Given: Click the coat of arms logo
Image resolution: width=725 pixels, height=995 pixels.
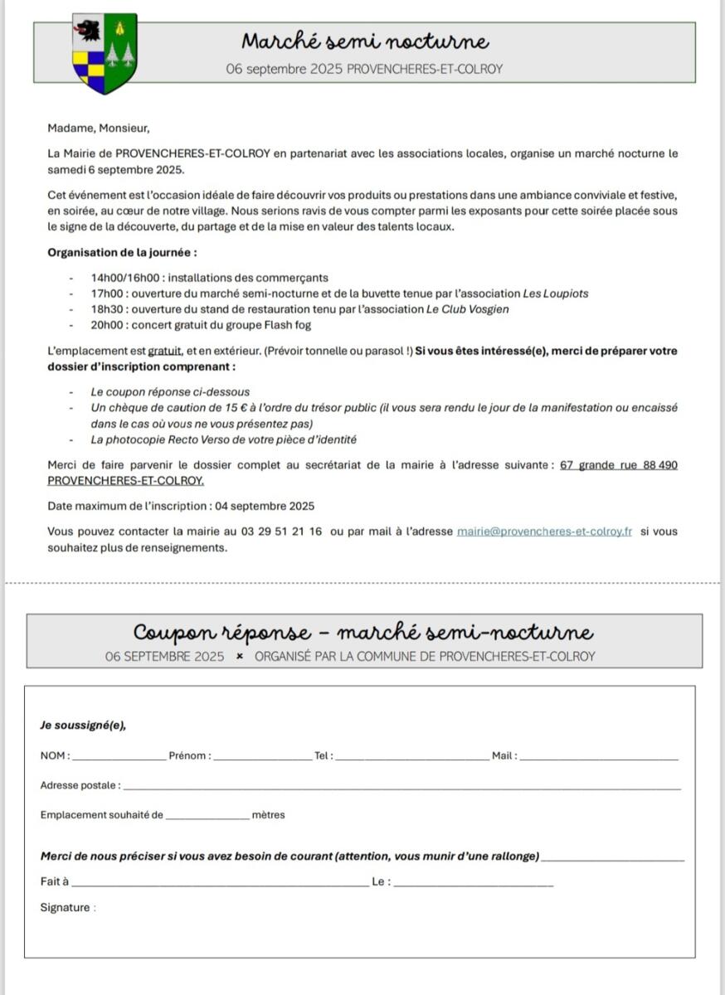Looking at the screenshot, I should click(105, 53).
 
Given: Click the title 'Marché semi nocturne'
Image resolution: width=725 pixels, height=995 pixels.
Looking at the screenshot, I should click(365, 41).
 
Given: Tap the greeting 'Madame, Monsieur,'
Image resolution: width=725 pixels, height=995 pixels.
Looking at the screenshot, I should click(99, 129).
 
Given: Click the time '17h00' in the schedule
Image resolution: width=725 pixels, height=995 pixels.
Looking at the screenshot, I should click(107, 294).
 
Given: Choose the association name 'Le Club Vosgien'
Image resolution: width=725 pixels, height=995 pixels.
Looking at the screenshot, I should click(468, 309).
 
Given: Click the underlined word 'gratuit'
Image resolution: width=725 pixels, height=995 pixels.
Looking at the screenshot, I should click(164, 351).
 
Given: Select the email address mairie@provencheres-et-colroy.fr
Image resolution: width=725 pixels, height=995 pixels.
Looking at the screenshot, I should click(544, 531).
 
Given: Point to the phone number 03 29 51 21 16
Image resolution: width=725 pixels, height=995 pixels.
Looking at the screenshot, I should click(282, 531).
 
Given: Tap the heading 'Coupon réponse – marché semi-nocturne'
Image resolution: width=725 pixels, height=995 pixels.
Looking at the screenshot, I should click(363, 633).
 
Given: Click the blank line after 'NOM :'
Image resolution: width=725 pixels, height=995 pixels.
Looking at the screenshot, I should click(119, 757).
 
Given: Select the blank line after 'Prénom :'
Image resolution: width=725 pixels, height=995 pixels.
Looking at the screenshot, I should click(262, 757).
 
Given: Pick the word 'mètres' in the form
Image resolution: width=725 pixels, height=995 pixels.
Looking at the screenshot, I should click(268, 815).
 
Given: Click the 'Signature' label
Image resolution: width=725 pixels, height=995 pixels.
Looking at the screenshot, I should click(65, 908).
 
